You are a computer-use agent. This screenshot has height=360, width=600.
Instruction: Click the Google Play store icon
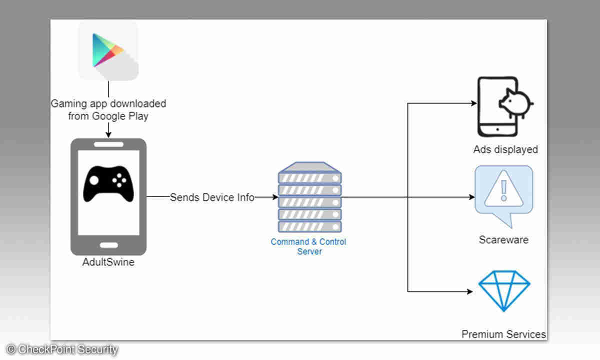click(x=108, y=50)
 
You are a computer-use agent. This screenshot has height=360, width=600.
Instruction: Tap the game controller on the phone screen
click(x=108, y=183)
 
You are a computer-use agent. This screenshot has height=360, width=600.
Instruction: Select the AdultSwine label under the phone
click(x=108, y=262)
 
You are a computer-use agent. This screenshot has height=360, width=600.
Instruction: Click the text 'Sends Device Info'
click(x=212, y=197)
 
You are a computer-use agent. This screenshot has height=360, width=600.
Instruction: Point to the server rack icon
click(x=309, y=197)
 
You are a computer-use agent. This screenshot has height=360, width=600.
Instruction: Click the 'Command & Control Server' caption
click(x=308, y=246)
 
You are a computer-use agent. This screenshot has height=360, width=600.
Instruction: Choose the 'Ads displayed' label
click(x=505, y=149)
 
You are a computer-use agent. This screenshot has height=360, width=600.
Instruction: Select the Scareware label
click(x=503, y=240)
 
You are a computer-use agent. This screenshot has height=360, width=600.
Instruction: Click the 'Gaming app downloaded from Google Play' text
click(x=108, y=110)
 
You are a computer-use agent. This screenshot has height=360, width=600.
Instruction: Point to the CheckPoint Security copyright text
click(x=62, y=349)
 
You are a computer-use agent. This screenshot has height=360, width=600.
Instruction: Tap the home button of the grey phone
click(x=108, y=245)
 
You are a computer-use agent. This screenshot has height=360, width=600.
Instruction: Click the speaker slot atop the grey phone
click(x=108, y=144)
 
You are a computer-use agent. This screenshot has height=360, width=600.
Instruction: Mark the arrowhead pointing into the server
click(x=274, y=197)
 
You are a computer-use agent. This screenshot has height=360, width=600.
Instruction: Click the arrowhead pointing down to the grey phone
click(x=108, y=134)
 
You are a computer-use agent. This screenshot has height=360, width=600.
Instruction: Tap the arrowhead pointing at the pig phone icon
click(x=473, y=103)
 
